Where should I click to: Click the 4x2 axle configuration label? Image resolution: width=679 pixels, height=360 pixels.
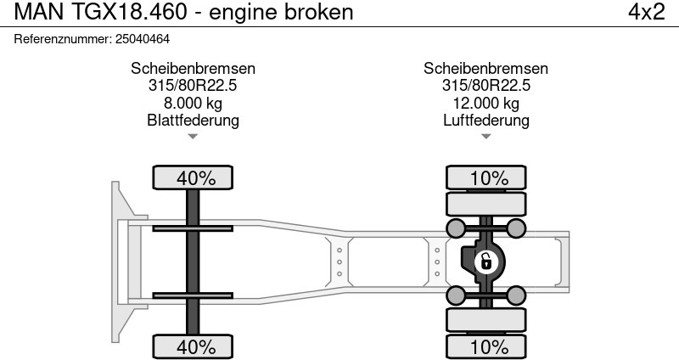pyautogui.click(x=646, y=13)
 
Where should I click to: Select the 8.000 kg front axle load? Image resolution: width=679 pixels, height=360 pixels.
pyautogui.click(x=193, y=104)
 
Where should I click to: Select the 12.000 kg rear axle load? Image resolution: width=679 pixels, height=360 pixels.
pyautogui.click(x=485, y=104)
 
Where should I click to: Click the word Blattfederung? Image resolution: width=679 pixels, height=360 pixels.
pyautogui.click(x=193, y=121)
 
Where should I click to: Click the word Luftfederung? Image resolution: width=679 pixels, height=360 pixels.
pyautogui.click(x=485, y=121)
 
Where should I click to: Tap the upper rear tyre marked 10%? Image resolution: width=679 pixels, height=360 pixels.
pyautogui.click(x=488, y=178)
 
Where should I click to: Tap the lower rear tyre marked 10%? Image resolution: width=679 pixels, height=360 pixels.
pyautogui.click(x=488, y=346)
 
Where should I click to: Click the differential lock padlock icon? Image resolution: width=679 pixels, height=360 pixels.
pyautogui.click(x=485, y=261)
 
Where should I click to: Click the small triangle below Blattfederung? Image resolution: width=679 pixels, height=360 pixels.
pyautogui.click(x=193, y=136)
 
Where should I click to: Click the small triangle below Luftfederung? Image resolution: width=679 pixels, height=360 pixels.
pyautogui.click(x=485, y=136)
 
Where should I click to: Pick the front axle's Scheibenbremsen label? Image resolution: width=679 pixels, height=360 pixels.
pyautogui.click(x=193, y=69)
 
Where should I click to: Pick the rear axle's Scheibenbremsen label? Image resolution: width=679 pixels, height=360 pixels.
pyautogui.click(x=485, y=69)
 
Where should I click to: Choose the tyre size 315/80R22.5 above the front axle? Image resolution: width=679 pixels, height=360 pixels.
pyautogui.click(x=193, y=86)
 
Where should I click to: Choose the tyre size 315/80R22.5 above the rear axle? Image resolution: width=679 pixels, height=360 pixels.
pyautogui.click(x=485, y=86)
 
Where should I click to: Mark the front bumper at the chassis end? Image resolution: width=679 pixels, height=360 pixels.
pyautogui.click(x=121, y=262)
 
